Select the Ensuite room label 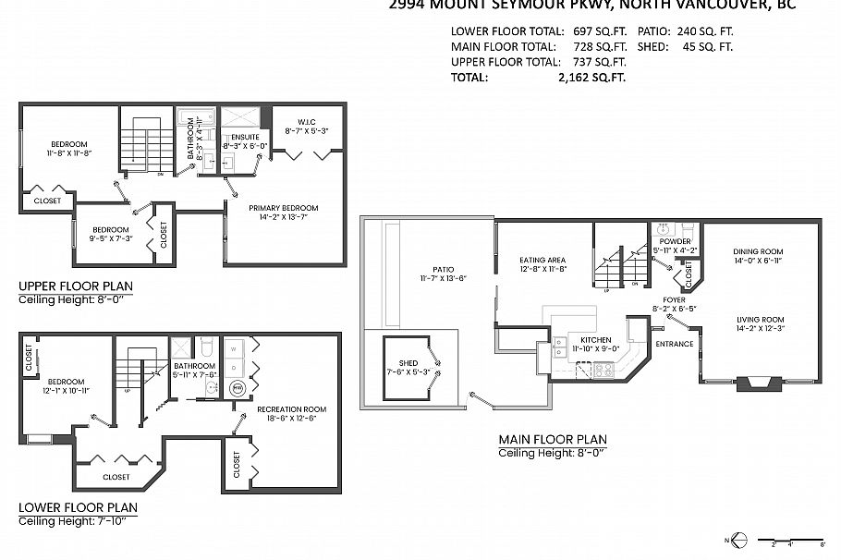[x=245, y=136]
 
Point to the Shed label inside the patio [x=408, y=363]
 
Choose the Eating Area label [x=542, y=261]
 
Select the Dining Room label [x=758, y=251]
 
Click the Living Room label [x=760, y=320]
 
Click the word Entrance [x=674, y=344]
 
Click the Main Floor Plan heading [x=553, y=439]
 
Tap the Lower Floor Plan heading [x=78, y=507]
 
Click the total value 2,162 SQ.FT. [x=592, y=79]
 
